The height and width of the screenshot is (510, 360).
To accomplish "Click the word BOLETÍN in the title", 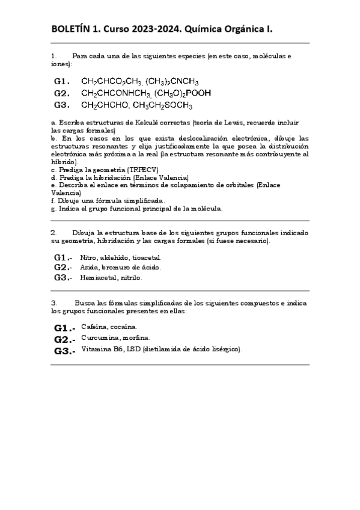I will (72, 28).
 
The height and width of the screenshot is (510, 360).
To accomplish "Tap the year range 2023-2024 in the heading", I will (155, 28).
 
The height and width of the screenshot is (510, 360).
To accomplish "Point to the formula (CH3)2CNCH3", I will (172, 82).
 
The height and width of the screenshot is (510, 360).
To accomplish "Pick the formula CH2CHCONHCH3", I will (115, 94).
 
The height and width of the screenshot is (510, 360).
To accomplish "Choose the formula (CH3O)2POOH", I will (183, 93).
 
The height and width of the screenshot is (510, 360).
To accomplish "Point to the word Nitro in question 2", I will (87, 257).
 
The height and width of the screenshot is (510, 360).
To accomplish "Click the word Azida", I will (88, 267).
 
